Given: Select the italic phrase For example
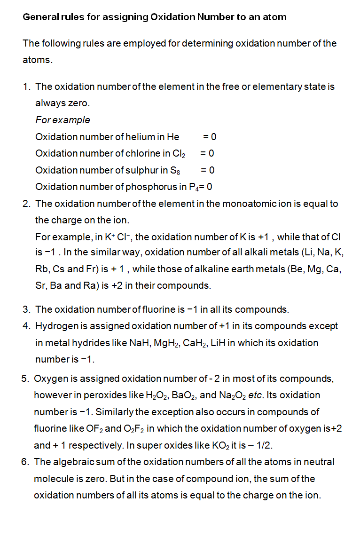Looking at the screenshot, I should (x=63, y=120).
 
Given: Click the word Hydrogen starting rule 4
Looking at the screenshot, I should (x=57, y=326).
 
